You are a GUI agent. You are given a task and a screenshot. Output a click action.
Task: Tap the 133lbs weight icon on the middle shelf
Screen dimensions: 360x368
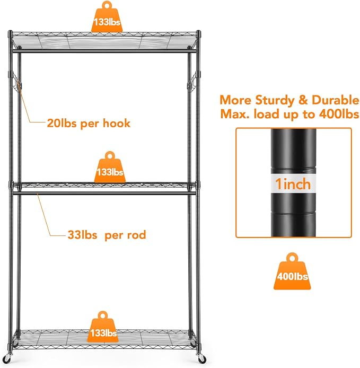[x=110, y=168]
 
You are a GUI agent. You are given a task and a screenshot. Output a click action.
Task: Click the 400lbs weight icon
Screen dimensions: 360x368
[x=292, y=272]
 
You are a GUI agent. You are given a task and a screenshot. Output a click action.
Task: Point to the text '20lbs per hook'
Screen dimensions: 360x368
[x=89, y=123]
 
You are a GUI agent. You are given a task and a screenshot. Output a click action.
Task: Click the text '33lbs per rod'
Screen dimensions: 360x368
[x=107, y=235]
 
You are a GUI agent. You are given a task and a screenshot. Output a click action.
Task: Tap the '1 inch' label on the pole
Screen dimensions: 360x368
[x=293, y=183]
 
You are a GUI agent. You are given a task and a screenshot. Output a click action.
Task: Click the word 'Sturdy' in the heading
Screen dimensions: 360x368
[x=275, y=100]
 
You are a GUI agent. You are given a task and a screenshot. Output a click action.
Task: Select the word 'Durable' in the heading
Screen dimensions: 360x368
[x=336, y=100]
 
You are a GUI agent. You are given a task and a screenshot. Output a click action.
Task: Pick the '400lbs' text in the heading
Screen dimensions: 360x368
[x=339, y=114]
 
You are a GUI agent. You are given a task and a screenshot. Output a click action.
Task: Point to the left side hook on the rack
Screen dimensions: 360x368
[x=16, y=82]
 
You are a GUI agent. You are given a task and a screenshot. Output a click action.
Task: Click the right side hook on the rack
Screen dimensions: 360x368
[x=192, y=82]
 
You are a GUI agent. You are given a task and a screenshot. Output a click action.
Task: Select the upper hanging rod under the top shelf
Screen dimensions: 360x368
[x=104, y=51]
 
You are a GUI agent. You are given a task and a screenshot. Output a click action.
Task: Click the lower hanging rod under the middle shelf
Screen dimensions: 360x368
[x=104, y=194]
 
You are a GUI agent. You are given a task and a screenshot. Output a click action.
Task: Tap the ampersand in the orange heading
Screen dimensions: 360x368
[x=303, y=100]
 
